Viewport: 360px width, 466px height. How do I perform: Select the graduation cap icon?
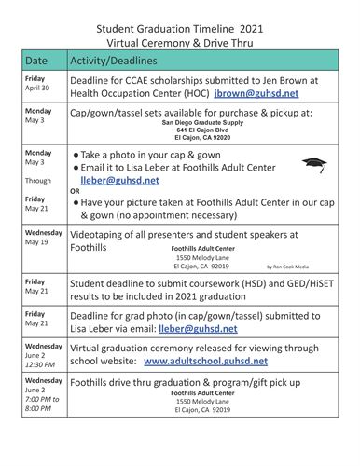pyautogui.click(x=314, y=165)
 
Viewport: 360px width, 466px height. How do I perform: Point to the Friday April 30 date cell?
pyautogui.click(x=38, y=86)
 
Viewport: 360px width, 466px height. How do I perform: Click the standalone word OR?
pyautogui.click(x=76, y=191)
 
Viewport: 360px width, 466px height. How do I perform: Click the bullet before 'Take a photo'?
pyautogui.click(x=76, y=155)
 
